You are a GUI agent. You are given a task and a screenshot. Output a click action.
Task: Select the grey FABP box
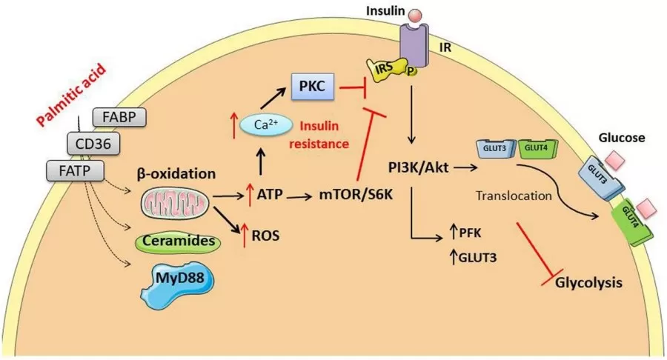[x=118, y=117]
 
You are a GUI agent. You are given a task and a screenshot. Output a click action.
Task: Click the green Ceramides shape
[x=176, y=241]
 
